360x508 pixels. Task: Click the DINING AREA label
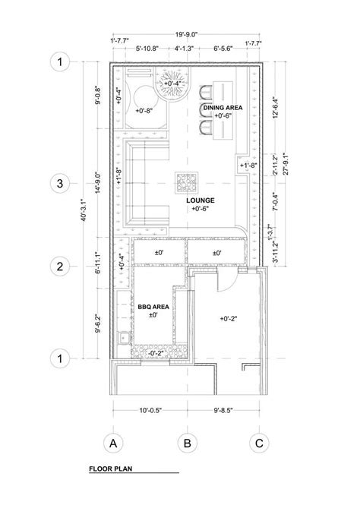[x=223, y=109]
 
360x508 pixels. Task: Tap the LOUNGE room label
[x=201, y=200]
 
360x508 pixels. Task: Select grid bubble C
[x=259, y=443]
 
